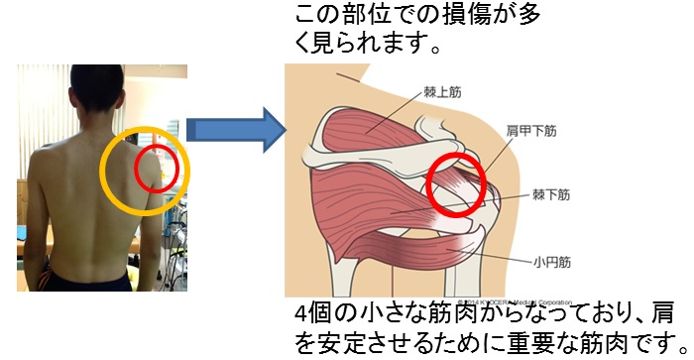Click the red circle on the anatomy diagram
tap(457, 185)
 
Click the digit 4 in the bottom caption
tap(301, 314)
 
